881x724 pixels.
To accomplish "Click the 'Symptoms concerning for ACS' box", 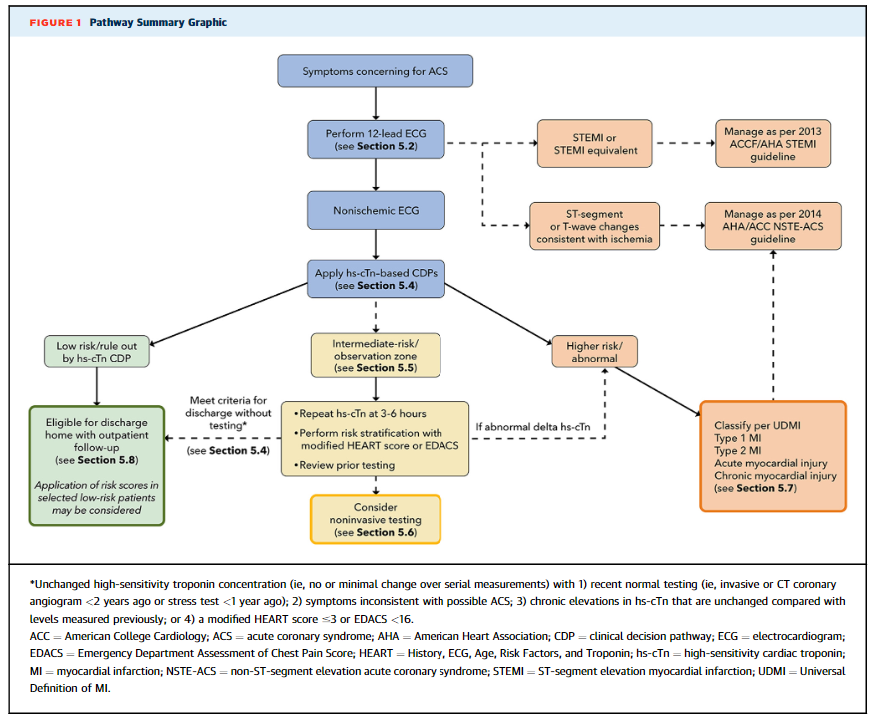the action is click(375, 71).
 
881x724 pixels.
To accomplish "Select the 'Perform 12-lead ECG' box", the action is click(376, 139).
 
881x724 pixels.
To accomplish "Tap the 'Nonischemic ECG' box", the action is click(376, 210).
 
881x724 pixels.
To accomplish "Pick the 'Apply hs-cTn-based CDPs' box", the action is click(376, 279).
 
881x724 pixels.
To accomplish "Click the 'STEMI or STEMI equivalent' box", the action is click(595, 143).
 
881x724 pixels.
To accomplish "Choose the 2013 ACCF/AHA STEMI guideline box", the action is click(773, 143).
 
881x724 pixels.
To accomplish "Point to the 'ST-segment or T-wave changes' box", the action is click(595, 226).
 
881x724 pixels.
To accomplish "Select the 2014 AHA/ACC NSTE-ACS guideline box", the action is click(773, 226).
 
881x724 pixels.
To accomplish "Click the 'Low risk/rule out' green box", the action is click(97, 352).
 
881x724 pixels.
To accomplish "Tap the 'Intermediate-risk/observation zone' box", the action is click(376, 355).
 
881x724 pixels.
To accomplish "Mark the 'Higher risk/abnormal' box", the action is click(595, 352).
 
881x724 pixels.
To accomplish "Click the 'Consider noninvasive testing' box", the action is click(376, 519).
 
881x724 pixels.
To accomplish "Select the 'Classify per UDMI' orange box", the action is click(773, 456).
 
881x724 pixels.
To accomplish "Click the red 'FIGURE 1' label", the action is click(55, 22).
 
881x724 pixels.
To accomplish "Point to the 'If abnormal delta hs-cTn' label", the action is click(533, 427).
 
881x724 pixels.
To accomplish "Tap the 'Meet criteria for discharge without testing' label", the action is click(228, 413).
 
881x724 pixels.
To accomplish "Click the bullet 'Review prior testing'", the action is click(344, 465).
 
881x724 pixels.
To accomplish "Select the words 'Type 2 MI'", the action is click(738, 451).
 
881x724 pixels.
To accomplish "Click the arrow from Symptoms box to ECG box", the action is click(376, 103).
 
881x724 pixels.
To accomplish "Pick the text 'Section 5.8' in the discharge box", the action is click(107, 460).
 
